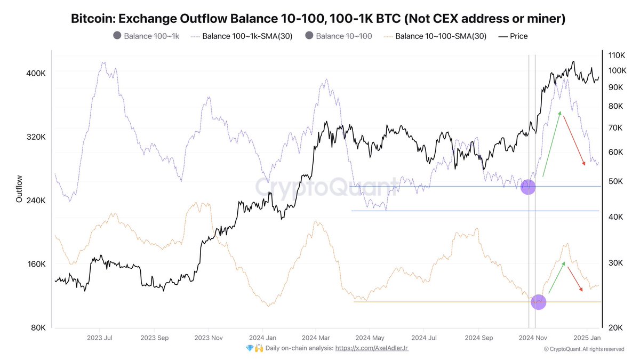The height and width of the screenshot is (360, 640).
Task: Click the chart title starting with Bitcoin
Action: [x=318, y=19]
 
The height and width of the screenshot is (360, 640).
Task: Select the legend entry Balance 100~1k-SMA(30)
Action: [x=242, y=36]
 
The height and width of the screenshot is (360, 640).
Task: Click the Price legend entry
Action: [x=514, y=36]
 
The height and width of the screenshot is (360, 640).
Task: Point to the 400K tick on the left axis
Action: [x=36, y=73]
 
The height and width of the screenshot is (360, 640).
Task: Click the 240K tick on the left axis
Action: [x=36, y=201]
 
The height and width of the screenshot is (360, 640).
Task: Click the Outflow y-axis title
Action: [x=19, y=189]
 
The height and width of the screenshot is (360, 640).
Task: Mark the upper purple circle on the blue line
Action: [x=527, y=187]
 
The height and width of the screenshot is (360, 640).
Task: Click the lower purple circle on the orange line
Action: [x=538, y=302]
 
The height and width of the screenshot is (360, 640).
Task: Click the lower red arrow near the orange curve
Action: [x=574, y=279]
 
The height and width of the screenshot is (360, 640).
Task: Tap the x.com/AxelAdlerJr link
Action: [x=371, y=348]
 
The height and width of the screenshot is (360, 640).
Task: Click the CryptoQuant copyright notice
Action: [x=583, y=349]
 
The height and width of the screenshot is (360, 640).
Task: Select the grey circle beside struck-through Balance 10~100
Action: [x=310, y=36]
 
